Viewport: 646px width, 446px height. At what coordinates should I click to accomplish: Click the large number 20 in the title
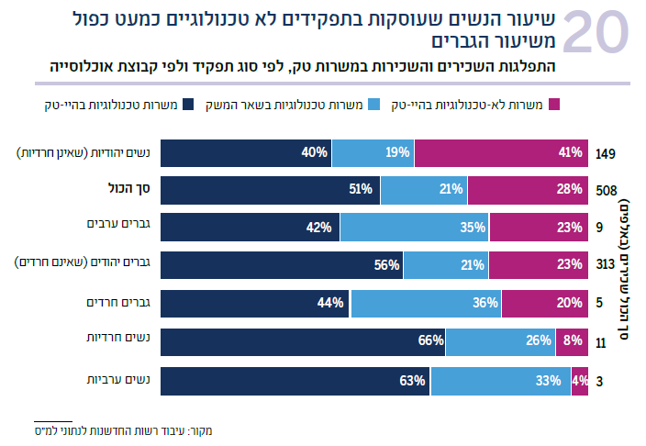coord(595,35)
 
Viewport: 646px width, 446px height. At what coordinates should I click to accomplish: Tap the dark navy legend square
coord(190,106)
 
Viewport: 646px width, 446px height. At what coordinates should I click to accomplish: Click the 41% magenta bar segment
coord(501,152)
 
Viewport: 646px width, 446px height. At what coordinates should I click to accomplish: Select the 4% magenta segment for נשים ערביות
coord(580,380)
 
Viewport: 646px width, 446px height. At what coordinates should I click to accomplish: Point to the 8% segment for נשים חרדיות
coord(572,341)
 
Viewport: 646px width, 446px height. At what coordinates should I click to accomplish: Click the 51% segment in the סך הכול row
coord(262,190)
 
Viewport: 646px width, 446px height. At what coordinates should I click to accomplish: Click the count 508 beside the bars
coord(607,191)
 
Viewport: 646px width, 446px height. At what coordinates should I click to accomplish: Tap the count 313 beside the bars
coord(606,266)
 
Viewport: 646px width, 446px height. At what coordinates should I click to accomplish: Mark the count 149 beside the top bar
coord(606,153)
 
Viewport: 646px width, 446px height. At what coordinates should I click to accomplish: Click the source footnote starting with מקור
coord(127,429)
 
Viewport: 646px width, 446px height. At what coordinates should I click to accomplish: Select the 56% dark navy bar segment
coord(273,266)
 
